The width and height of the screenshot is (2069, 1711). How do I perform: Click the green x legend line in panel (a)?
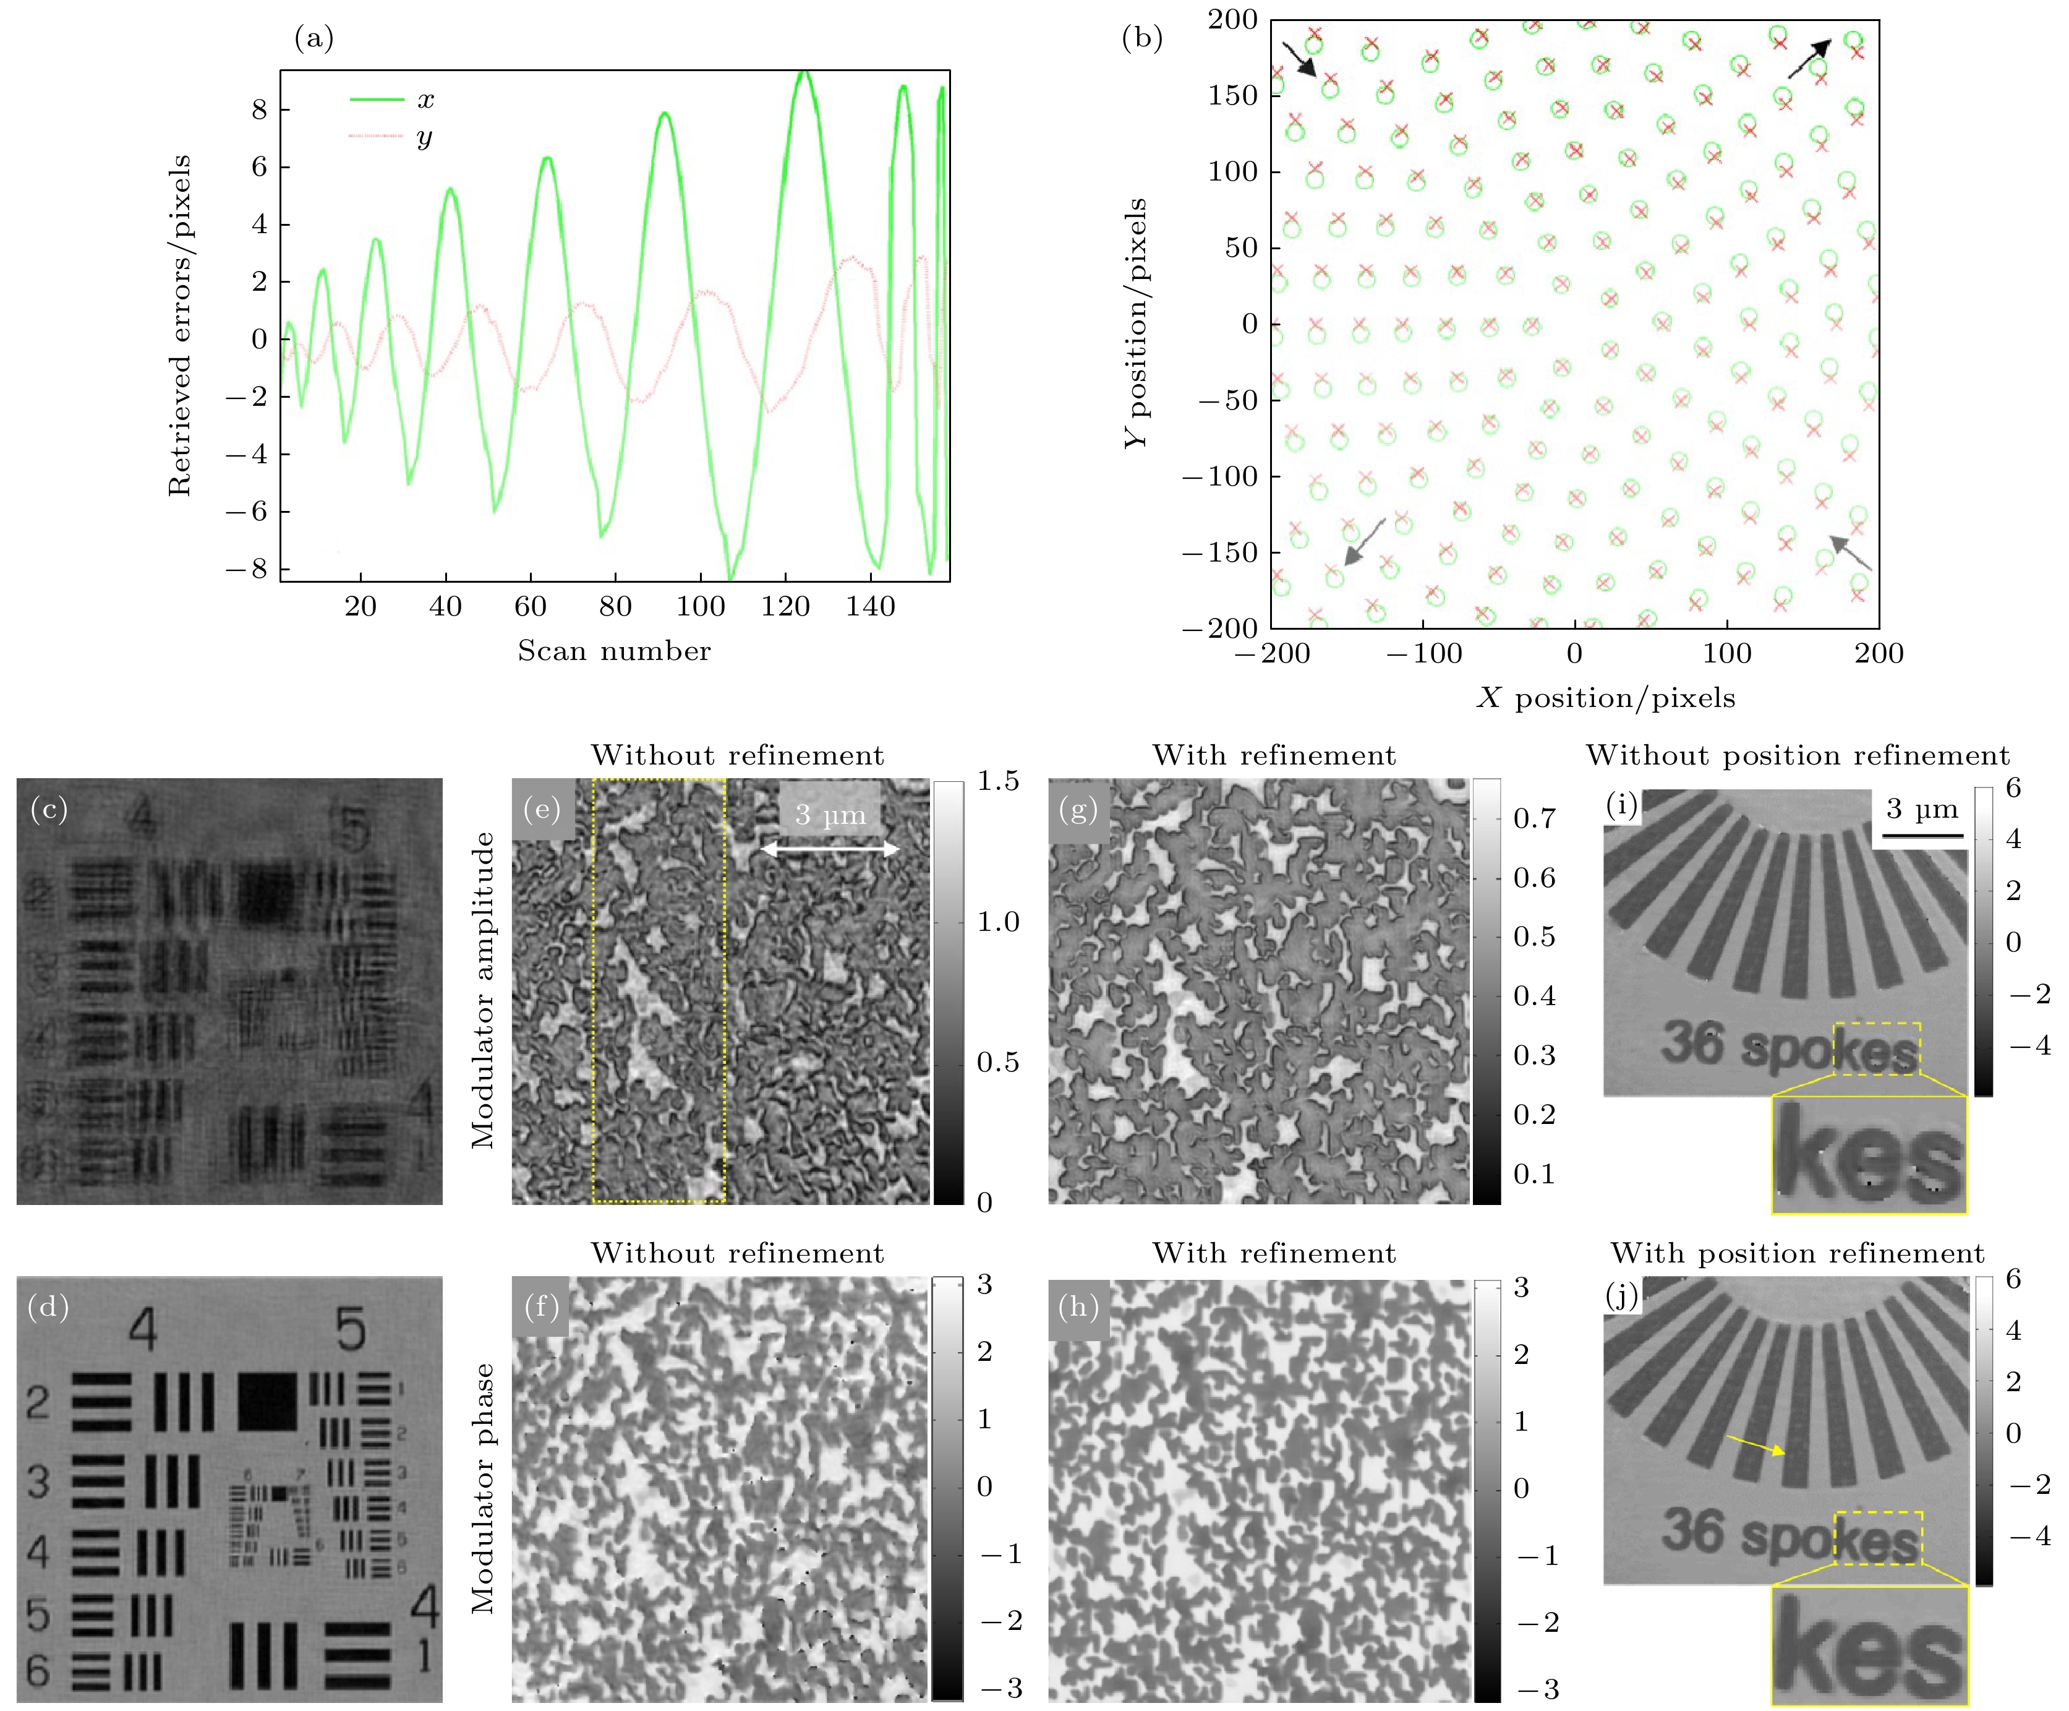(x=377, y=100)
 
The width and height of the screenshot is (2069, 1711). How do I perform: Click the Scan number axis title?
(x=614, y=651)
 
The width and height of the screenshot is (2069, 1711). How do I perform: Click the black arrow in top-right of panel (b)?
(x=1809, y=59)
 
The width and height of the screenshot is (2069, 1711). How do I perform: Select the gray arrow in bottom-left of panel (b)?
(x=1365, y=542)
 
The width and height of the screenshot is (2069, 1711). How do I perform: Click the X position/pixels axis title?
(x=1605, y=698)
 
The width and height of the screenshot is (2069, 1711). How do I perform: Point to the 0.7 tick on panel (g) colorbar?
(x=1534, y=818)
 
